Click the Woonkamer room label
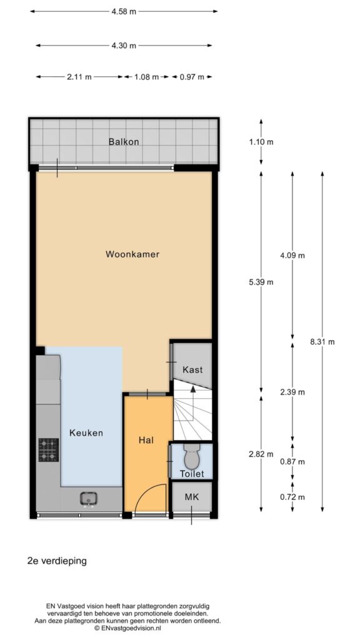[132, 254]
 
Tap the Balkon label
[124, 142]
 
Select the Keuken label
[86, 432]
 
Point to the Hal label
[146, 441]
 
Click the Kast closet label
[192, 370]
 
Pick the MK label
[191, 497]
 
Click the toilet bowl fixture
[191, 457]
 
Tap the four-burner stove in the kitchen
[49, 450]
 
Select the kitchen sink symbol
[88, 499]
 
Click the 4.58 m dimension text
[124, 11]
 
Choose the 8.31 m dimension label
[322, 342]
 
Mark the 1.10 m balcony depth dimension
[261, 142]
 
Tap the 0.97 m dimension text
[191, 77]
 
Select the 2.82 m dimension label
[261, 454]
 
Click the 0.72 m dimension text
[292, 497]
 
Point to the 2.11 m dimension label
[79, 77]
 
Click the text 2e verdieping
[57, 561]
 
